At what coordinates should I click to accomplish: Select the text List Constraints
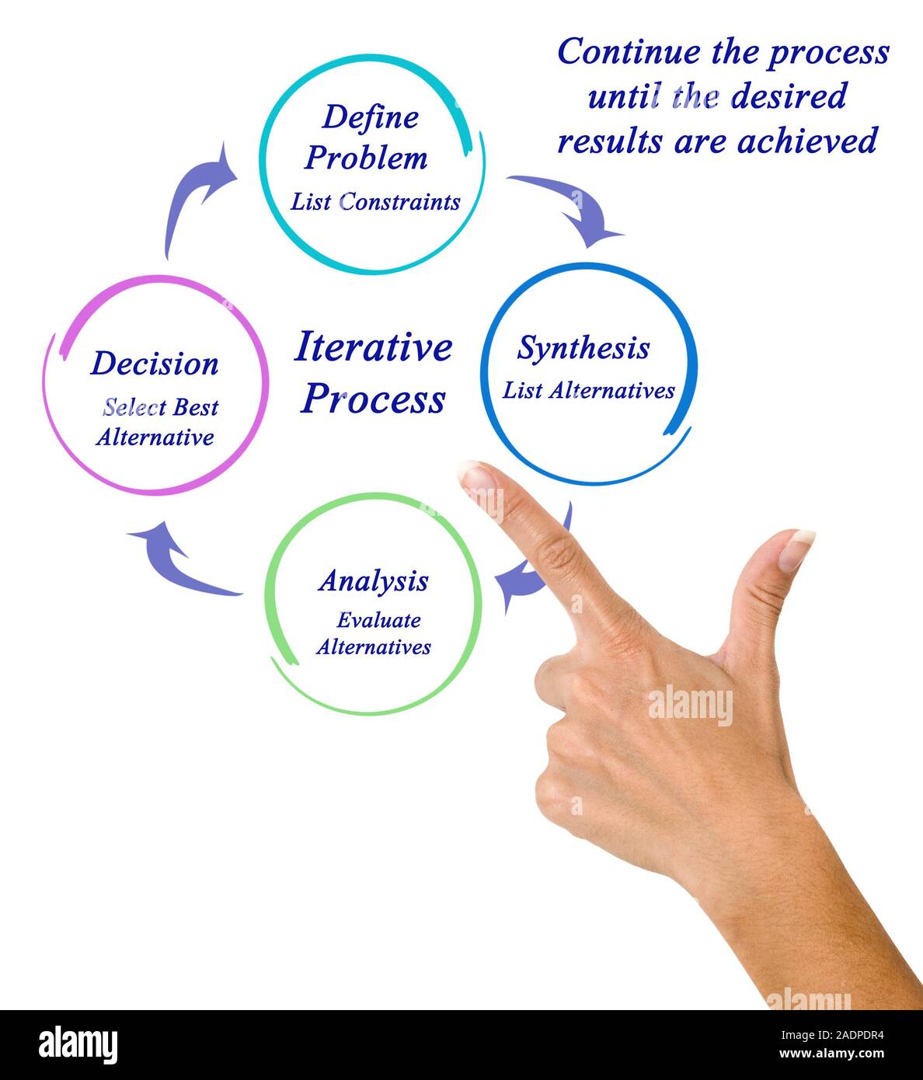[375, 202]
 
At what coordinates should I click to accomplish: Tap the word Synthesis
[583, 348]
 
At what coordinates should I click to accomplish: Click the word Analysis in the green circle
[373, 581]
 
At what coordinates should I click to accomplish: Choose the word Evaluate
[378, 620]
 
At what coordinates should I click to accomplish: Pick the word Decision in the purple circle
[155, 364]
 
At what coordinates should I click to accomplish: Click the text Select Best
[161, 407]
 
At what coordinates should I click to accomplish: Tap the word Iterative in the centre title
[373, 347]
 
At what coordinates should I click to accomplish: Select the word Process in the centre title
[373, 399]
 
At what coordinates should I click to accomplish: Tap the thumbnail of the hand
[796, 549]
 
